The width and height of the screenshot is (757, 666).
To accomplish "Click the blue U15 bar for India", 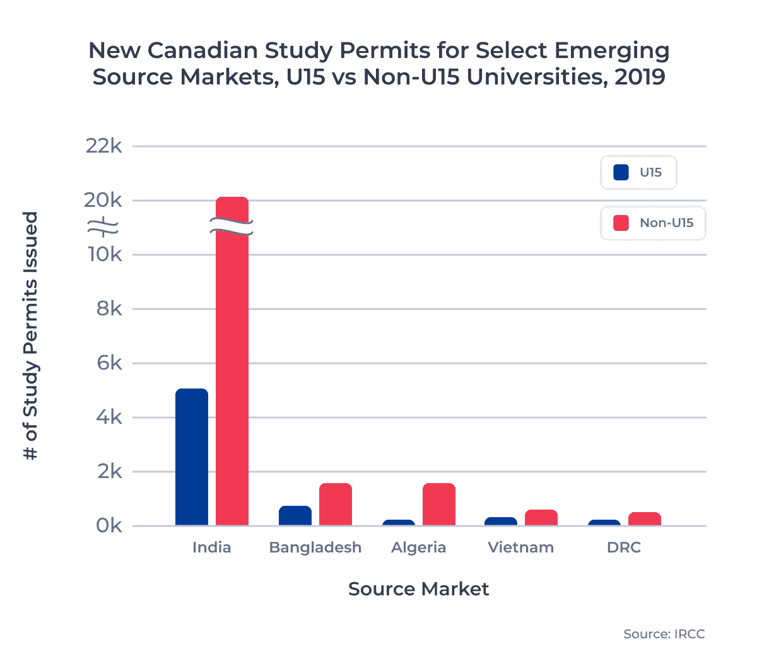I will pos(192,457).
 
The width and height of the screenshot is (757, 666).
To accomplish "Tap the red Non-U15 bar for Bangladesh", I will pos(336,505).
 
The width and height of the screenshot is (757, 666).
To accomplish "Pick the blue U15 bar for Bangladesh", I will pos(295,516).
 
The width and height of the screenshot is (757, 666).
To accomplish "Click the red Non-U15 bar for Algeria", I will pos(439,505).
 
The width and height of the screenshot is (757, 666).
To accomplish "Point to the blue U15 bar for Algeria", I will pos(399,522).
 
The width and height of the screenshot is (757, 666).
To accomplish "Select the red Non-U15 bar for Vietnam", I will pos(541,518).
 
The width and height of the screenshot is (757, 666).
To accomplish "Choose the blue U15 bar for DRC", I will pos(604,522).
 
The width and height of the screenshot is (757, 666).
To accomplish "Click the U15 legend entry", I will pos(638,173).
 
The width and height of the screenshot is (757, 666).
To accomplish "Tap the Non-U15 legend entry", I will pos(653,223).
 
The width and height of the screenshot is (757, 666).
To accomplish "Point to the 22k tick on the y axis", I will pos(104,146).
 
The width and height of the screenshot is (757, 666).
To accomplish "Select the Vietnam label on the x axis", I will pos(521,547).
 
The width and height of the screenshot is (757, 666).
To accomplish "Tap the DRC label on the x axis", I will pos(624,547).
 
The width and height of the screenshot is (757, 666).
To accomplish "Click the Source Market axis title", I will pos(418,589).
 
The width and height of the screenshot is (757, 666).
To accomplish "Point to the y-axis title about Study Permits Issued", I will pos(30,336).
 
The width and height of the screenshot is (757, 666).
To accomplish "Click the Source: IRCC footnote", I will pos(664,634).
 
